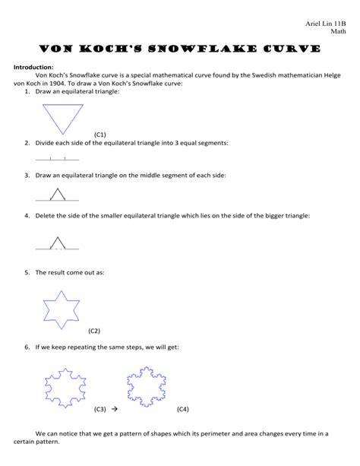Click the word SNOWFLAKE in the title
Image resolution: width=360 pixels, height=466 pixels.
click(x=199, y=49)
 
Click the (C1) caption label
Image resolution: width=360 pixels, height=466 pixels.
click(x=100, y=134)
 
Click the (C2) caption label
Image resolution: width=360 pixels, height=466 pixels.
click(x=95, y=331)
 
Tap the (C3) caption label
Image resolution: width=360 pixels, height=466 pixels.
click(x=100, y=409)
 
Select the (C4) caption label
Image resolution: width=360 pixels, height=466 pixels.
click(x=182, y=409)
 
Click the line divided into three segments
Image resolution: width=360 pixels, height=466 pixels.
click(x=57, y=159)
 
